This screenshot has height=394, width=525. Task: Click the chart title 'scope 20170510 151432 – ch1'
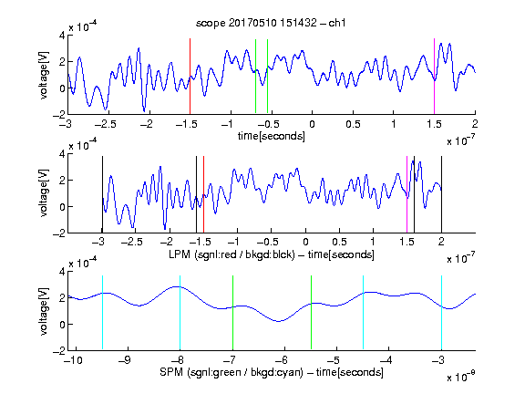point(271,23)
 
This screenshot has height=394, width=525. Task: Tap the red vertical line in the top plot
point(190,77)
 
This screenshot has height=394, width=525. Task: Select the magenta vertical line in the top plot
point(434,77)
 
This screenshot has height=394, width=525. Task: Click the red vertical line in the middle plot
point(203,194)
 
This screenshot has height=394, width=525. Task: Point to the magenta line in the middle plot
point(407,194)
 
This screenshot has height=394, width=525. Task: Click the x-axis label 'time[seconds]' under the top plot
point(272,136)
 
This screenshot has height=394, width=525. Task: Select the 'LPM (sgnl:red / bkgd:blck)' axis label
point(232,254)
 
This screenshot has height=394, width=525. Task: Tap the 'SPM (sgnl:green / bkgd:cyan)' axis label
point(232,372)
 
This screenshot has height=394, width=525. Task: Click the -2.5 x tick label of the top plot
point(106,124)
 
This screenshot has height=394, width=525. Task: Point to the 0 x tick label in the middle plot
point(305,242)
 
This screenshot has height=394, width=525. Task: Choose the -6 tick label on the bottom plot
point(283,360)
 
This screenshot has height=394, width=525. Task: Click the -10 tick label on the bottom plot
point(73,360)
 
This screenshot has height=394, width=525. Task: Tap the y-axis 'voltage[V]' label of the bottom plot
point(44,311)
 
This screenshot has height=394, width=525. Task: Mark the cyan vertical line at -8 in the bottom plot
point(180,312)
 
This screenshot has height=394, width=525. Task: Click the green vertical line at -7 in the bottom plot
point(232,312)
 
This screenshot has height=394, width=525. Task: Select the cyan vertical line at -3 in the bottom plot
point(441,312)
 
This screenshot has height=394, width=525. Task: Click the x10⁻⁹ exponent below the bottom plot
point(461,377)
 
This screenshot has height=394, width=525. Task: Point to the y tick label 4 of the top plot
point(62,36)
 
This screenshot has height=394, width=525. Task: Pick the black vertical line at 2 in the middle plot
point(441,194)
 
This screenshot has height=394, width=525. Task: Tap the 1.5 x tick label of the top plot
point(434,124)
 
